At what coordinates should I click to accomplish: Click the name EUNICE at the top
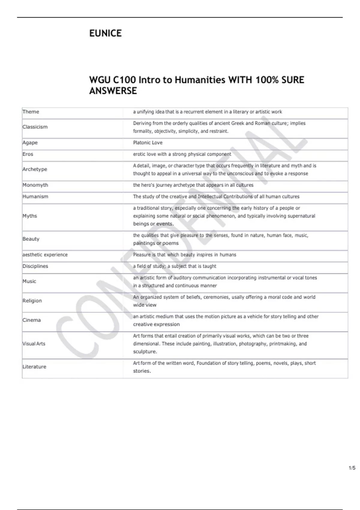(105, 33)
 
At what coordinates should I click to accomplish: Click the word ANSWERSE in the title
(113, 91)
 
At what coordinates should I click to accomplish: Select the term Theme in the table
(31, 112)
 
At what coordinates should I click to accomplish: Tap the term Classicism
(35, 127)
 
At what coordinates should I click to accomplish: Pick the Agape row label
(30, 143)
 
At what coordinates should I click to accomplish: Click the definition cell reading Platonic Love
(148, 143)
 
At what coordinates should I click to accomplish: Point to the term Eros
(28, 154)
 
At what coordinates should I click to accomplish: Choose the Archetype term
(35, 169)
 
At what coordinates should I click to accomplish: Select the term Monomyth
(35, 185)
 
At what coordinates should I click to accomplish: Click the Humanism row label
(35, 196)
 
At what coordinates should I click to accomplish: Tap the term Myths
(30, 216)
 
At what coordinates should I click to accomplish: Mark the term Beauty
(31, 239)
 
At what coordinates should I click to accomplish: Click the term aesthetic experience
(45, 255)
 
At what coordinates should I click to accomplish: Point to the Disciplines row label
(35, 266)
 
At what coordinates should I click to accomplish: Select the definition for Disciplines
(175, 266)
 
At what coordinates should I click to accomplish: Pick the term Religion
(32, 301)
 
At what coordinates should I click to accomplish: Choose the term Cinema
(31, 320)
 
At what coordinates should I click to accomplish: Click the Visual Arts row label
(34, 344)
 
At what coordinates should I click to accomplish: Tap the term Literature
(34, 367)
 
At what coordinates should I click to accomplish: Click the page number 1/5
(352, 468)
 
